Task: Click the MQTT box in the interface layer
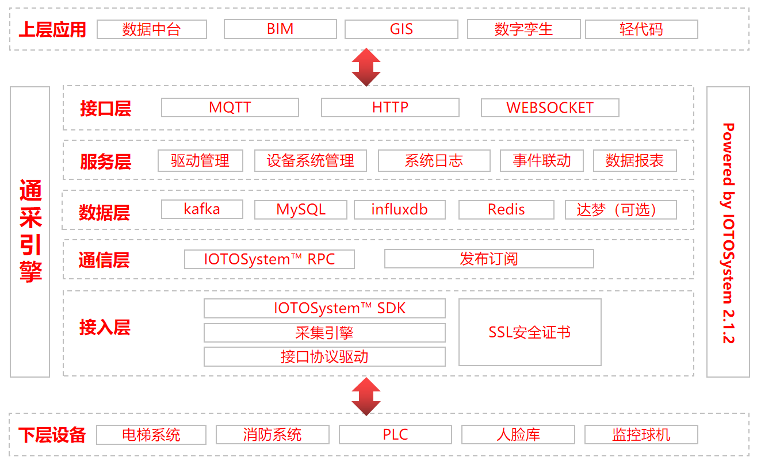click(230, 107)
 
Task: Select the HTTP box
click(390, 107)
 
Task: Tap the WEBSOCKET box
click(550, 107)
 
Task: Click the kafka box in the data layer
click(202, 209)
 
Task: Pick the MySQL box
click(301, 210)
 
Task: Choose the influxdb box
click(400, 210)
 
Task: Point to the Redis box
click(506, 210)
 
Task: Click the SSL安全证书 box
click(530, 332)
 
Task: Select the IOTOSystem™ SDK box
click(324, 308)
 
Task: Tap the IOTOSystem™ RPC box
click(269, 259)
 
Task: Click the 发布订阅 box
click(489, 259)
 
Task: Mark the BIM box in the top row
click(280, 29)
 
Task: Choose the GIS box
click(402, 29)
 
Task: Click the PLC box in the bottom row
click(396, 435)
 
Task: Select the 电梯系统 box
click(151, 435)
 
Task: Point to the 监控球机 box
click(641, 435)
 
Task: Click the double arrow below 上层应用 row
click(366, 67)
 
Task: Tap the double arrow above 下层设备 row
click(366, 396)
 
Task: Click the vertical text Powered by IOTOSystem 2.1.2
click(728, 233)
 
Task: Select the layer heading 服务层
click(106, 162)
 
